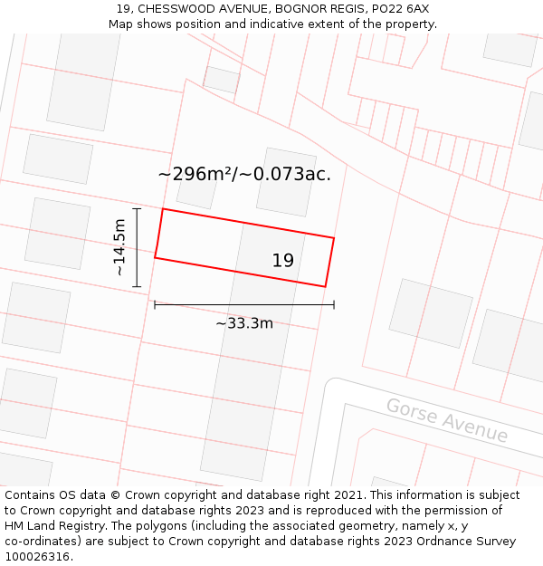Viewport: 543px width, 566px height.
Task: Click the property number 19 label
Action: (282, 261)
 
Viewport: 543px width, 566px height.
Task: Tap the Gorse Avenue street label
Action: (447, 420)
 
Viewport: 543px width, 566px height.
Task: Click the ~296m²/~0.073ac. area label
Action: (244, 175)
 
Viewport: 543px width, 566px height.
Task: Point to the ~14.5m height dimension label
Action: (119, 247)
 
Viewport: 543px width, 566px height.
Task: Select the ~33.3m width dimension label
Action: (243, 323)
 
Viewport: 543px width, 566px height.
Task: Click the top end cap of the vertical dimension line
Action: (137, 209)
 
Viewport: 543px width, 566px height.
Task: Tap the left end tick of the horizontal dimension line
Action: (155, 304)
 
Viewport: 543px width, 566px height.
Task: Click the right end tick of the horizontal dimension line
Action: (334, 304)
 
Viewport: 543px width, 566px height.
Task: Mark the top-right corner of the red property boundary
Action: (334, 238)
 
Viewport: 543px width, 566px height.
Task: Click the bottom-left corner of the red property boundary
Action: (155, 258)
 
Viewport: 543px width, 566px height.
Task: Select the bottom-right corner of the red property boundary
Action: (325, 287)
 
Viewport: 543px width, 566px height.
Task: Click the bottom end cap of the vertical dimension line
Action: (137, 287)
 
